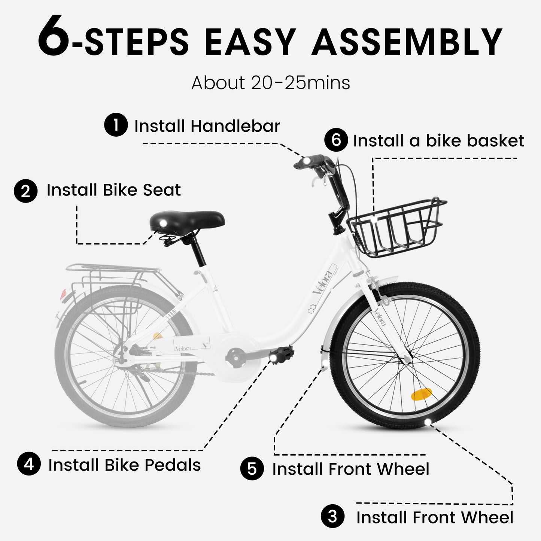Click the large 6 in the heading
pyautogui.click(x=54, y=36)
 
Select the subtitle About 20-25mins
pyautogui.click(x=270, y=83)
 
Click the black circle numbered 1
pyautogui.click(x=116, y=125)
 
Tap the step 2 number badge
pyautogui.click(x=25, y=191)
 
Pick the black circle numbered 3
pyautogui.click(x=332, y=517)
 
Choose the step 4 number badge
pyautogui.click(x=29, y=464)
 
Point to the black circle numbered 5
pyautogui.click(x=252, y=469)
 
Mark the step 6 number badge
pyautogui.click(x=336, y=140)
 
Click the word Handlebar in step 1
pyautogui.click(x=235, y=126)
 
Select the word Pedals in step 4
pyautogui.click(x=173, y=465)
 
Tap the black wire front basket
pyautogui.click(x=399, y=228)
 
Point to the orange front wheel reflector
pyautogui.click(x=421, y=394)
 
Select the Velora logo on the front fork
pyautogui.click(x=380, y=318)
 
